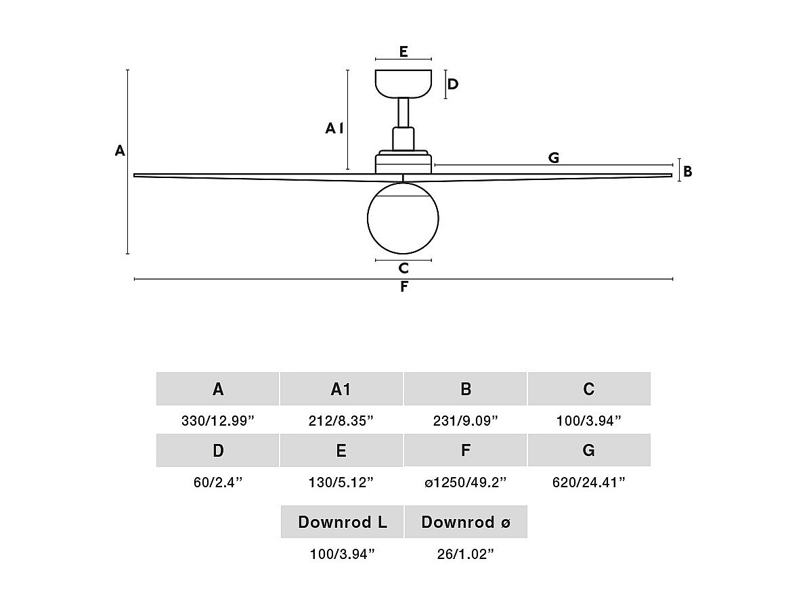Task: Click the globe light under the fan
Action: pos(403,218)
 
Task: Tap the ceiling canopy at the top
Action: pos(403,83)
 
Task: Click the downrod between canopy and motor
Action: pos(403,112)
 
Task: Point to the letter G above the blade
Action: pos(554,158)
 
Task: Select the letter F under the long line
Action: pos(404,286)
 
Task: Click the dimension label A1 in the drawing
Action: pos(334,128)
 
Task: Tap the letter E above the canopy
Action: pos(403,51)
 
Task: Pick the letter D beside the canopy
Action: pos(453,84)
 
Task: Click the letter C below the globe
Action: pos(403,268)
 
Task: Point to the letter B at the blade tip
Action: pos(688,171)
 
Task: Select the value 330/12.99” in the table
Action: pos(218,421)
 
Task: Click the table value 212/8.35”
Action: pos(341,421)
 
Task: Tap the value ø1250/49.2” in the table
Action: pos(466,483)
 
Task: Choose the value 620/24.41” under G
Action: pos(589,483)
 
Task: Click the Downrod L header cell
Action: pos(343,522)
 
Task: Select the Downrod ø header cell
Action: pos(466,522)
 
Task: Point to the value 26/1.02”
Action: pos(466,554)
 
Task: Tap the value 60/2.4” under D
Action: pos(218,483)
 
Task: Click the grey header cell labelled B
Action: pos(465,389)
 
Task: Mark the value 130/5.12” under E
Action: pos(341,483)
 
